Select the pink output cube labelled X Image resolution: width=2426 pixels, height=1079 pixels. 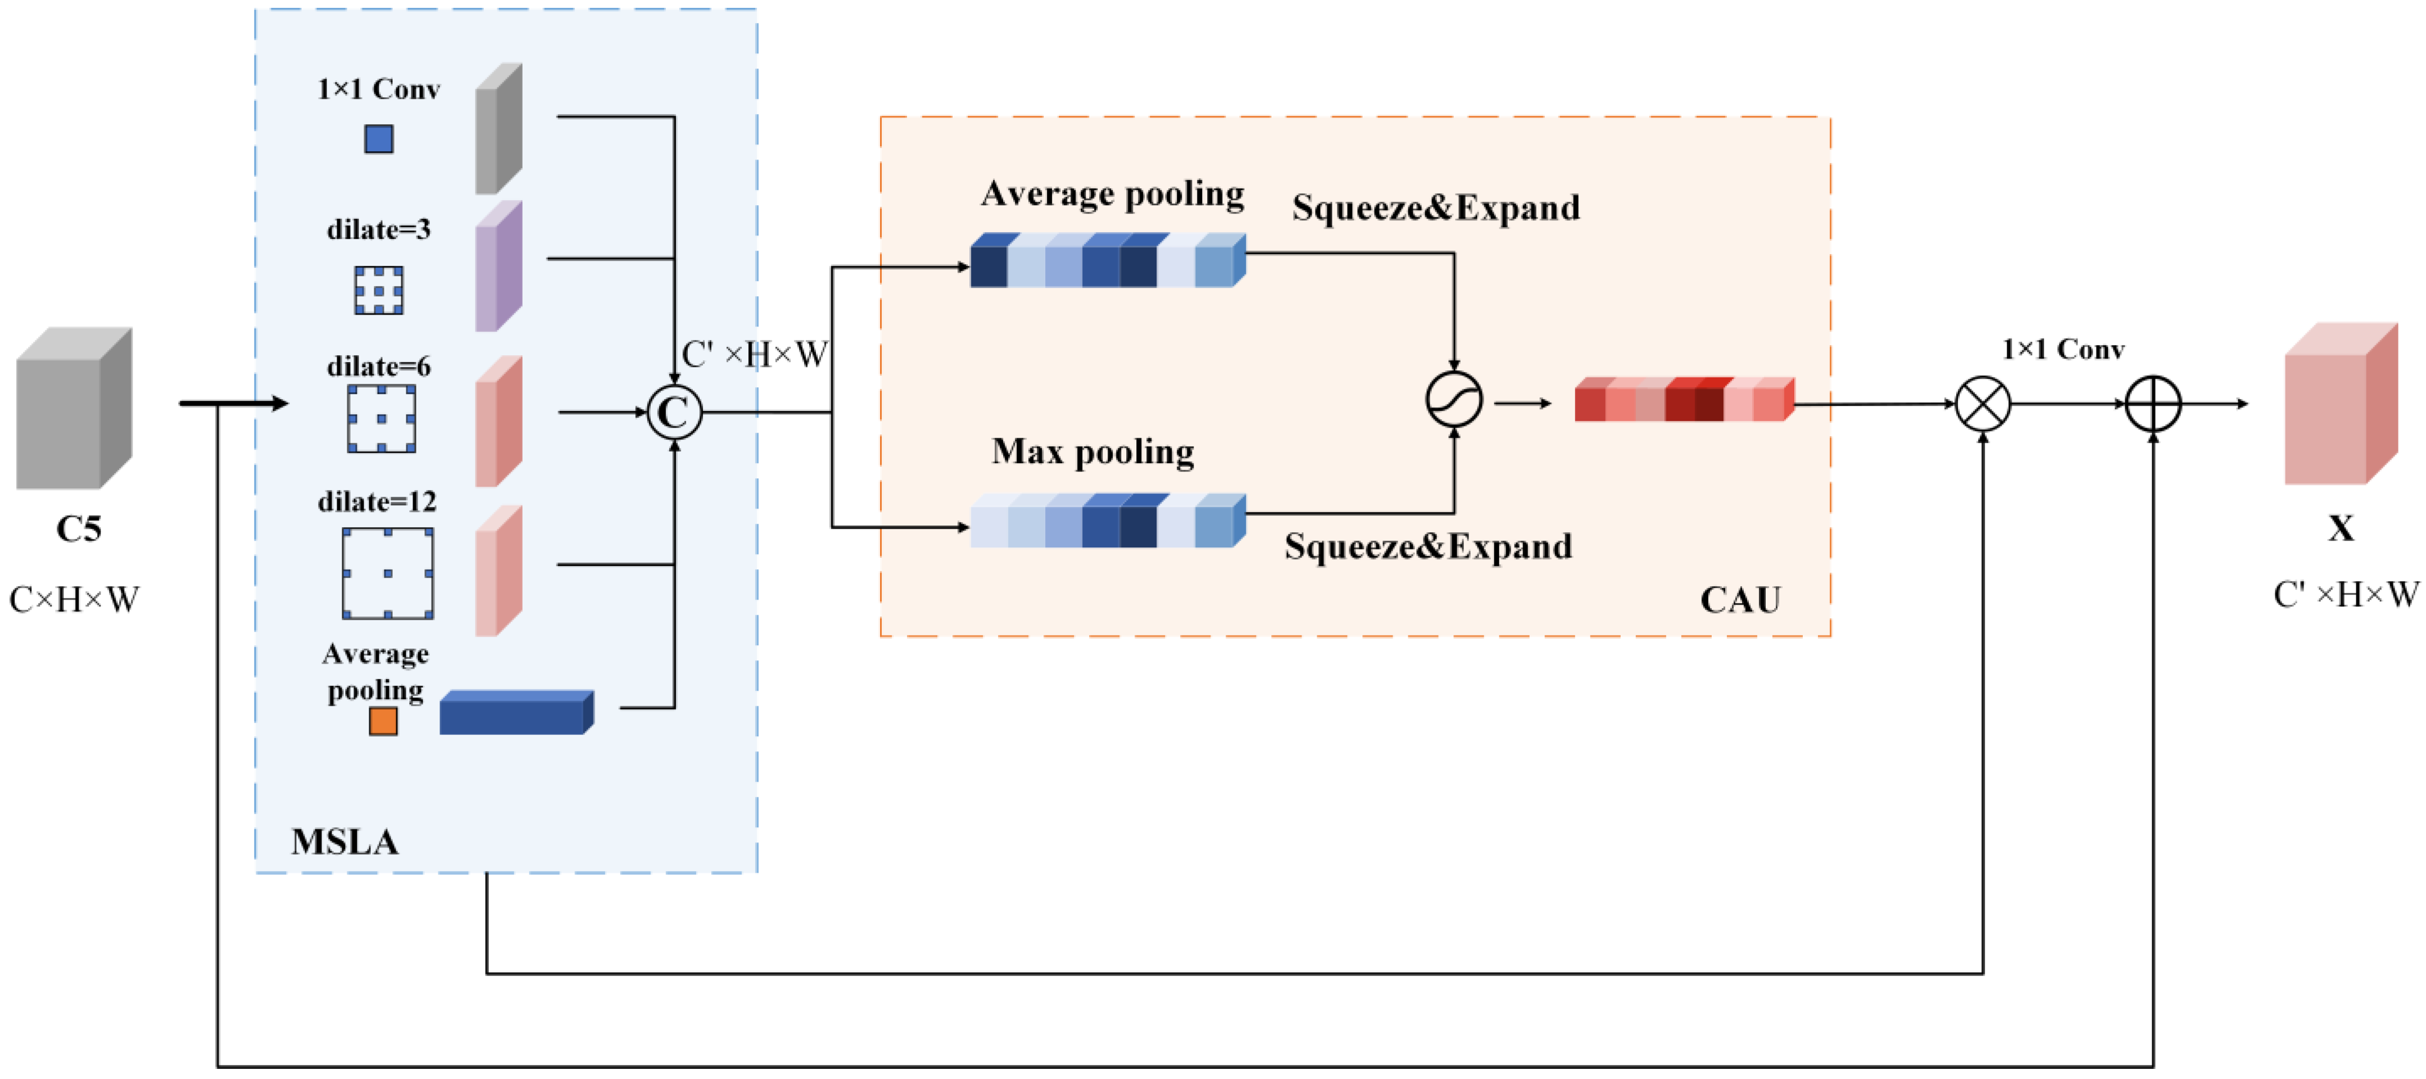(2340, 404)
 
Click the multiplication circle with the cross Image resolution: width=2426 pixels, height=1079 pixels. (1983, 404)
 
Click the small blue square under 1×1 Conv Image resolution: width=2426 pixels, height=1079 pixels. (379, 139)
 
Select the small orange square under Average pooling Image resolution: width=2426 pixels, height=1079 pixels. (382, 721)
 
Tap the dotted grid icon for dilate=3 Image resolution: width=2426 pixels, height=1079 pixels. (379, 290)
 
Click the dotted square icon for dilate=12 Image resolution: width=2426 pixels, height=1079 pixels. (388, 573)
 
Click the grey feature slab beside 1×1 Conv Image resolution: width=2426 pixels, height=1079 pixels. (498, 129)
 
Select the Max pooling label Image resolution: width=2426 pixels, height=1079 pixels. (1092, 452)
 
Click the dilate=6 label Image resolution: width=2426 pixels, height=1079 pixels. (379, 366)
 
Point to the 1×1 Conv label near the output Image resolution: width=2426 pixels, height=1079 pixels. (2062, 350)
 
